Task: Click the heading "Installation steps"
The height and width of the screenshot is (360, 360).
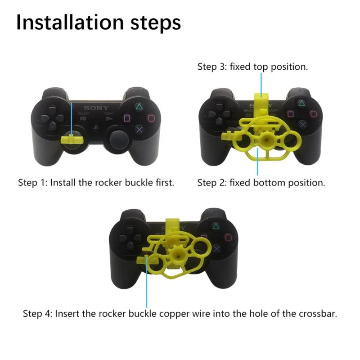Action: pos(99,22)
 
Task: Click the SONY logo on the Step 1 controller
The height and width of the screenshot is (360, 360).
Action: pos(96,108)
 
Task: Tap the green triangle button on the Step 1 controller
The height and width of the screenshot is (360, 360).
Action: pos(140,108)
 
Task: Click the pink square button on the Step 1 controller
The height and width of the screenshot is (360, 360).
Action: pos(128,120)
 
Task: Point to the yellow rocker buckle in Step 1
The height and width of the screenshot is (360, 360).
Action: pos(72,138)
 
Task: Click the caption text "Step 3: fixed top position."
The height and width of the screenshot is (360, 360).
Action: pos(252,67)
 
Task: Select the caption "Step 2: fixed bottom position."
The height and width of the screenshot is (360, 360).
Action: pos(261,183)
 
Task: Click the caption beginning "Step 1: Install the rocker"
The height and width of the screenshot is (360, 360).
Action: pos(96,183)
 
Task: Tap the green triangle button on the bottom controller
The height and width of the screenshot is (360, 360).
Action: pos(216,227)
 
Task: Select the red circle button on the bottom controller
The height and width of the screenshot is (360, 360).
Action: pos(229,238)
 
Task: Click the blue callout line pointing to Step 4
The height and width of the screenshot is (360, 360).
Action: pos(147,283)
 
